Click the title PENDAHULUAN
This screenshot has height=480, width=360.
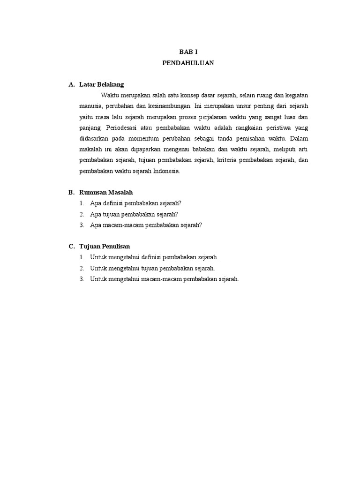[188, 63]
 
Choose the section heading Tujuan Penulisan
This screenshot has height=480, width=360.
[105, 247]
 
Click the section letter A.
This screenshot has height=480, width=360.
[71, 85]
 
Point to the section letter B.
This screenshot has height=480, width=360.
[71, 193]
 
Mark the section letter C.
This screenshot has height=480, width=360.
[71, 247]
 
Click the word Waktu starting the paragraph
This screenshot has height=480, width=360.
[110, 96]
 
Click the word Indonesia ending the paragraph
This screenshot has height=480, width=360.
[166, 172]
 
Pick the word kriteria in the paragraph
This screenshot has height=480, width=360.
[227, 161]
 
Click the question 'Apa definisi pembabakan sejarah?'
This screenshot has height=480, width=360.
[136, 203]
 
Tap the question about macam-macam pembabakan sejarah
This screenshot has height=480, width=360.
[146, 225]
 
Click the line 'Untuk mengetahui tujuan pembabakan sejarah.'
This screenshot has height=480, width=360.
[152, 268]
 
